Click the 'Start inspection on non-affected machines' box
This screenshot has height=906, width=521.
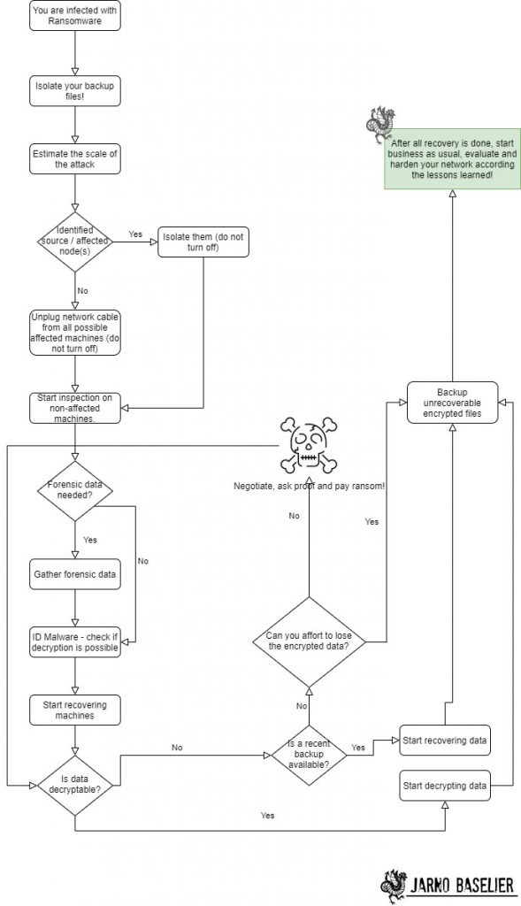click(x=75, y=407)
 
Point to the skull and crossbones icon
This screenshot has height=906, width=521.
click(x=308, y=447)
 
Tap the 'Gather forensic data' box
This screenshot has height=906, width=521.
click(x=75, y=573)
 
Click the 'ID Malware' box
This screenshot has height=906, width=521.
click(x=75, y=644)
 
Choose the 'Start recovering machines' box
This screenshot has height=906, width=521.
click(x=75, y=710)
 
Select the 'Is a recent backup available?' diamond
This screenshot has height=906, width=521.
click(x=308, y=754)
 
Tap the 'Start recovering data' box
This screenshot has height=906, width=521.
click(x=444, y=739)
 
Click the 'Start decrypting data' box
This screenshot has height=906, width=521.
click(x=444, y=785)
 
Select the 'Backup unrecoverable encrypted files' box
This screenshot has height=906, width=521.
click(x=453, y=400)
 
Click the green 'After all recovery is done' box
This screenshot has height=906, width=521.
click(x=452, y=159)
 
